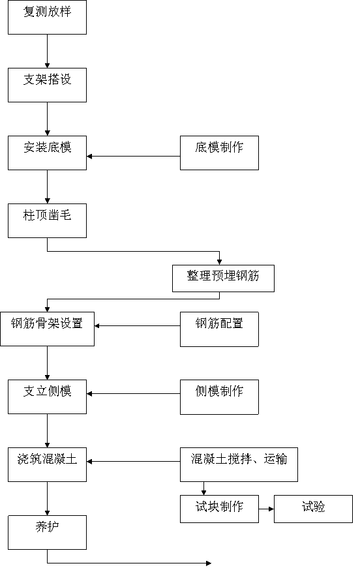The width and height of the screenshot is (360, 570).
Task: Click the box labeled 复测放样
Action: [47, 18]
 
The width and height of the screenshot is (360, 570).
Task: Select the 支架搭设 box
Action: [47, 85]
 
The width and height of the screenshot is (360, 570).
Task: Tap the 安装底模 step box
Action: [47, 153]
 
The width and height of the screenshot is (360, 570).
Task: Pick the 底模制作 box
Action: [219, 153]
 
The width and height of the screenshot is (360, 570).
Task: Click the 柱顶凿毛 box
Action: [47, 220]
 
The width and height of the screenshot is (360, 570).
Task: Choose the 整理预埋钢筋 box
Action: [223, 278]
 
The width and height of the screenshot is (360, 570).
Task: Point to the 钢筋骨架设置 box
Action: [47, 329]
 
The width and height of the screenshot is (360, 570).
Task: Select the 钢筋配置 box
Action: [219, 329]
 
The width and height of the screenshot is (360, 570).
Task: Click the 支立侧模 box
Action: [47, 397]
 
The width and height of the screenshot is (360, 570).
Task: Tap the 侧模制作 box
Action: [219, 397]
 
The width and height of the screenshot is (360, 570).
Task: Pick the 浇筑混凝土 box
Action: [47, 464]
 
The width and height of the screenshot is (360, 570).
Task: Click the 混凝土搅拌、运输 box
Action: [239, 464]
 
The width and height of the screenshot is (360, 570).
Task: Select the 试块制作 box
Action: [219, 509]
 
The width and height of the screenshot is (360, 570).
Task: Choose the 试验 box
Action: [313, 509]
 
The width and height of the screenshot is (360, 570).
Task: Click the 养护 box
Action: [47, 533]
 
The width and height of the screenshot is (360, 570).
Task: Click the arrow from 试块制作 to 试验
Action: [266, 509]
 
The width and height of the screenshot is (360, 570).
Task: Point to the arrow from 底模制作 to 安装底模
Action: [134, 157]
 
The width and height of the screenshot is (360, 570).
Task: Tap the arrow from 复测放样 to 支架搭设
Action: [47, 52]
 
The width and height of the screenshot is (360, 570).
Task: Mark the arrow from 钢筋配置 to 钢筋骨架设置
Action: [138, 325]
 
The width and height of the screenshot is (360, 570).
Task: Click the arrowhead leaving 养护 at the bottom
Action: [209, 563]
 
